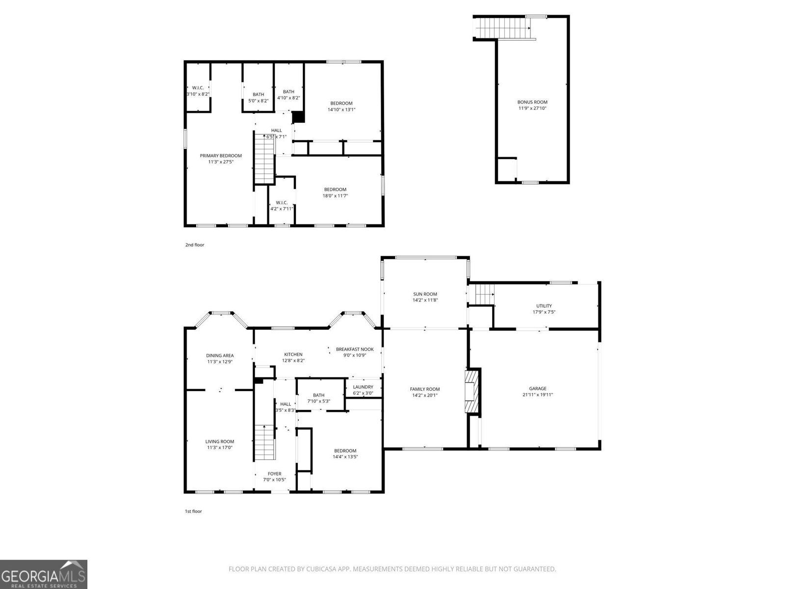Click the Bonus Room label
click(x=532, y=102)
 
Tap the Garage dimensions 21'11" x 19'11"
click(x=538, y=395)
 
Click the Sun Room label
click(x=425, y=294)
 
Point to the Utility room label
click(x=544, y=306)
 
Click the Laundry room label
click(x=363, y=387)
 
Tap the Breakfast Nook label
click(x=355, y=349)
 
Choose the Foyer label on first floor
click(x=274, y=474)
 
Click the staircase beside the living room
click(x=264, y=442)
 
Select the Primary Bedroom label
click(x=221, y=156)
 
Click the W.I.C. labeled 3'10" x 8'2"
click(x=198, y=91)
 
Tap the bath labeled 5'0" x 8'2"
click(x=258, y=98)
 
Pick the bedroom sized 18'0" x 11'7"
click(x=335, y=192)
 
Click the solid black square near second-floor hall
click(x=298, y=117)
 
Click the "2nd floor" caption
click(x=195, y=245)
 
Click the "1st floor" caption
click(x=193, y=511)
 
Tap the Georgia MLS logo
click(x=44, y=574)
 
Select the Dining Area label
click(x=220, y=355)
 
